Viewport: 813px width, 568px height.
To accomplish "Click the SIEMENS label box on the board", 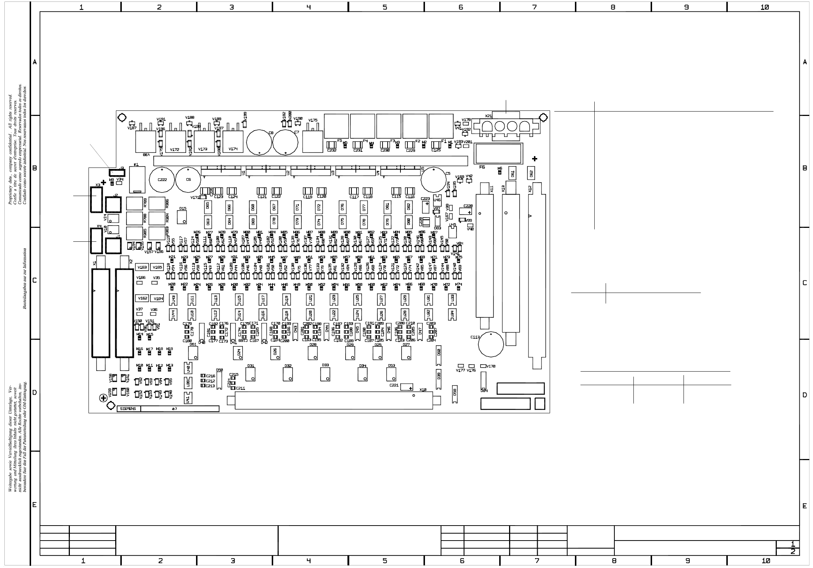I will click(x=128, y=409).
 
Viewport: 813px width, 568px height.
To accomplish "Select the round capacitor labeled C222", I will click(x=162, y=180).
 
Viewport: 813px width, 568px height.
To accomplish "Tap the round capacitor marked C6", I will click(x=188, y=180).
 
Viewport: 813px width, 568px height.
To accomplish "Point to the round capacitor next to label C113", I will click(x=491, y=345).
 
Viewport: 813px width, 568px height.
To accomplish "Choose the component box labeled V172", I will click(x=175, y=142).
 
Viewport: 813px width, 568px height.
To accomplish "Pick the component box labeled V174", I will click(x=233, y=142).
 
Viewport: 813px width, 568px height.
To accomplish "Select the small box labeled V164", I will click(x=158, y=298).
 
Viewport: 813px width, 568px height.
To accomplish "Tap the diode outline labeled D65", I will click(x=207, y=207).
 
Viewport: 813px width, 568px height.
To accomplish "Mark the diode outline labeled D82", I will click(x=409, y=207).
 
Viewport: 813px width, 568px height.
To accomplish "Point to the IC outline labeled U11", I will click(x=192, y=300).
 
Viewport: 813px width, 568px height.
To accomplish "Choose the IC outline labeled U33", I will click(x=452, y=300).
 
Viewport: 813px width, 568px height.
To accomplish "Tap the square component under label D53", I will click(x=391, y=374).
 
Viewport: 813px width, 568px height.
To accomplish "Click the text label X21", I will click(x=489, y=116).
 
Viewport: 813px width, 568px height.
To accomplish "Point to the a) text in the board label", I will click(x=174, y=409).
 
